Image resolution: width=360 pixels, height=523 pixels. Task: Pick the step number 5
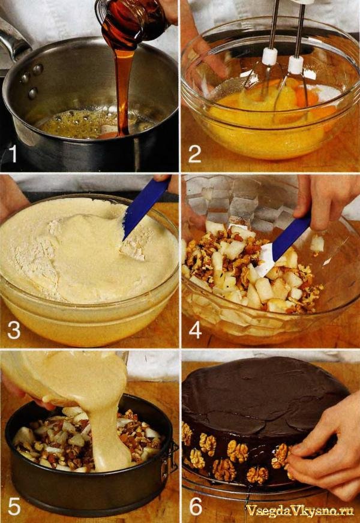[14, 506]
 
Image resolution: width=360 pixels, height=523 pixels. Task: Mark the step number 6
[196, 506]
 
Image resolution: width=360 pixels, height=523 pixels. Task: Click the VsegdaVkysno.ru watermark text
[299, 510]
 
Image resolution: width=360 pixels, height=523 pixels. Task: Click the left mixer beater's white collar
[269, 56]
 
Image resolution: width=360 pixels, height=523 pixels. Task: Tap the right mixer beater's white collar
[296, 64]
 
